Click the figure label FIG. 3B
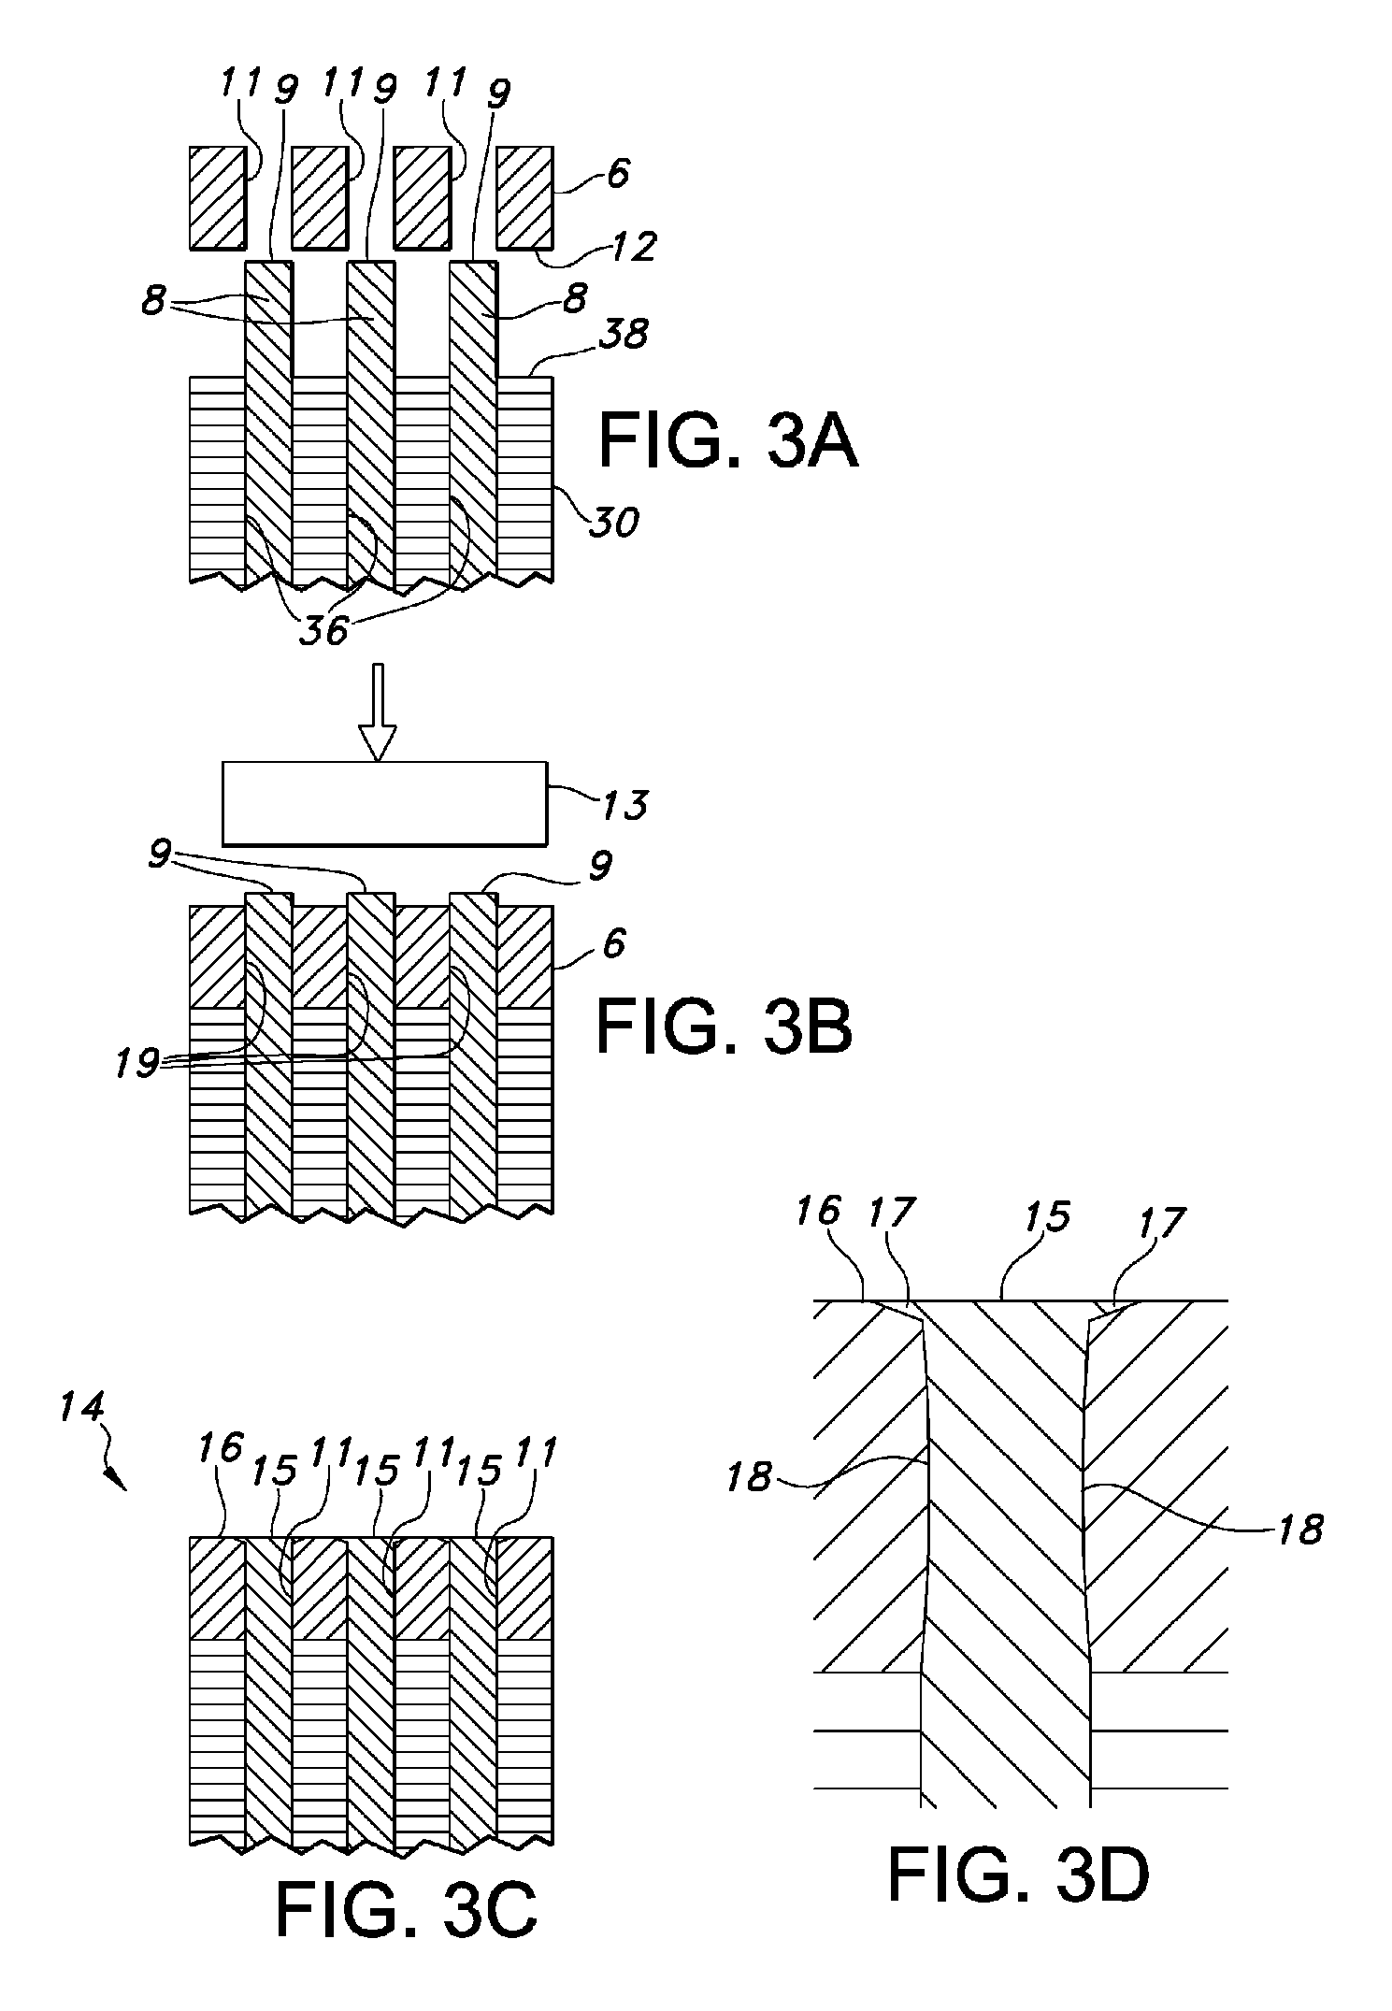(725, 1025)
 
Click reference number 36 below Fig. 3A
(323, 631)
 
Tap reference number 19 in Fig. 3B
(136, 1064)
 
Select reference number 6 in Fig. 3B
(613, 945)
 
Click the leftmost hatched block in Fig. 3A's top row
(218, 197)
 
